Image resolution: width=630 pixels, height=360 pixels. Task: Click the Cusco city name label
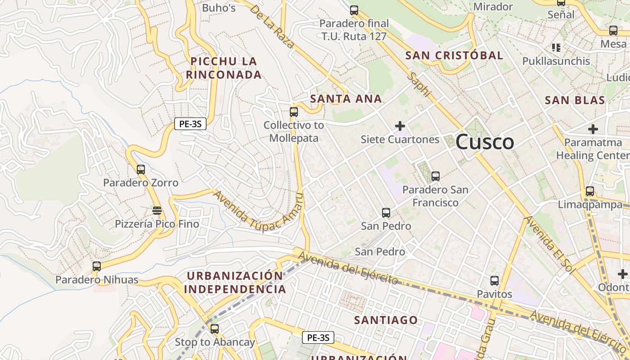pyautogui.click(x=485, y=143)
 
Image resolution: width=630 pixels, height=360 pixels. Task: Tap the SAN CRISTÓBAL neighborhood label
pyautogui.click(x=454, y=56)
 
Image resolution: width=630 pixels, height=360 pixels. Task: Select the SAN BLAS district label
pyautogui.click(x=575, y=100)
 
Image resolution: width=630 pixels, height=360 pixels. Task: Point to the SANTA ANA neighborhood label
pyautogui.click(x=346, y=99)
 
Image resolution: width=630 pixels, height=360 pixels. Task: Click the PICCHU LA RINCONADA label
pyautogui.click(x=224, y=68)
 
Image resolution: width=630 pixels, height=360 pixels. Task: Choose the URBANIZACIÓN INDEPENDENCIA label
pyautogui.click(x=235, y=283)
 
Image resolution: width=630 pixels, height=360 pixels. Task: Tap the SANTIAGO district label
pyautogui.click(x=386, y=320)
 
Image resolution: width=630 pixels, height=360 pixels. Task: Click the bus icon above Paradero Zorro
pyautogui.click(x=141, y=170)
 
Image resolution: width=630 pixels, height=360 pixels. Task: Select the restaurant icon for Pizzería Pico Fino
pyautogui.click(x=157, y=210)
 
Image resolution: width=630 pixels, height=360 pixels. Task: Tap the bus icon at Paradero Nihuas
pyautogui.click(x=97, y=266)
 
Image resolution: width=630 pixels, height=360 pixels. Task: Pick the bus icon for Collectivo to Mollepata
pyautogui.click(x=294, y=112)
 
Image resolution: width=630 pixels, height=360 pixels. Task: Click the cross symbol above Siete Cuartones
pyautogui.click(x=400, y=126)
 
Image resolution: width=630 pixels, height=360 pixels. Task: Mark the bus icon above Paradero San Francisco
pyautogui.click(x=435, y=176)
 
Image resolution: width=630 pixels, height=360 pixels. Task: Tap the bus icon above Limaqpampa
pyautogui.click(x=589, y=191)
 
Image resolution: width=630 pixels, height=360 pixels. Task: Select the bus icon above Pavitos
pyautogui.click(x=495, y=280)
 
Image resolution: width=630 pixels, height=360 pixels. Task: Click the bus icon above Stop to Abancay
pyautogui.click(x=215, y=328)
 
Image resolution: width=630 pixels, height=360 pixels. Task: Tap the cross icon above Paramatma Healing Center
pyautogui.click(x=593, y=129)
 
